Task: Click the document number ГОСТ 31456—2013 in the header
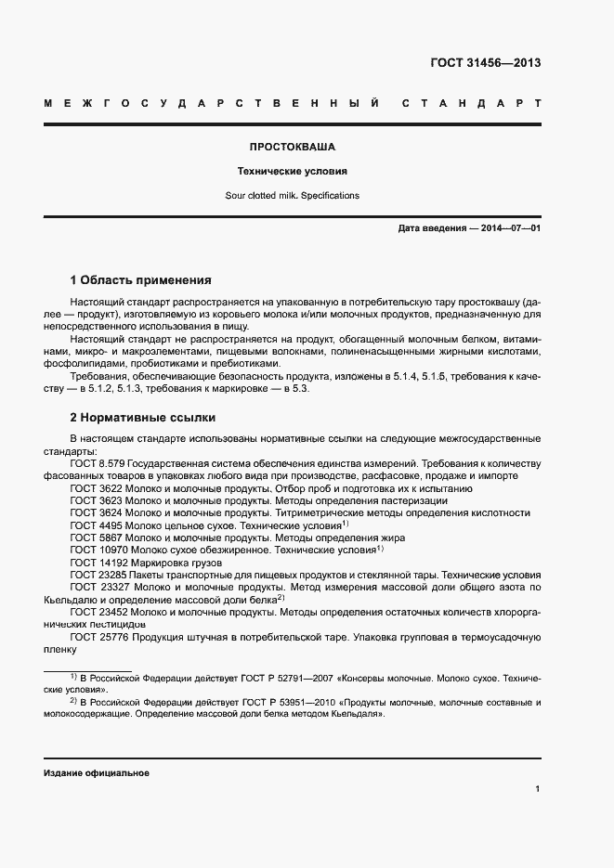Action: [x=485, y=63]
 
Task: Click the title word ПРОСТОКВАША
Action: [x=292, y=147]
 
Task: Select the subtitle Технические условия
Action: [x=292, y=172]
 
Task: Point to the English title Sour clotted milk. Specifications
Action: [x=292, y=196]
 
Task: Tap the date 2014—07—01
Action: [x=510, y=228]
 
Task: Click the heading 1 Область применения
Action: [x=141, y=279]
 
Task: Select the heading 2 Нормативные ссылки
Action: [x=142, y=418]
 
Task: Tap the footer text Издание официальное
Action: [x=97, y=773]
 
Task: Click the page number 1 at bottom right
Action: [x=537, y=789]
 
